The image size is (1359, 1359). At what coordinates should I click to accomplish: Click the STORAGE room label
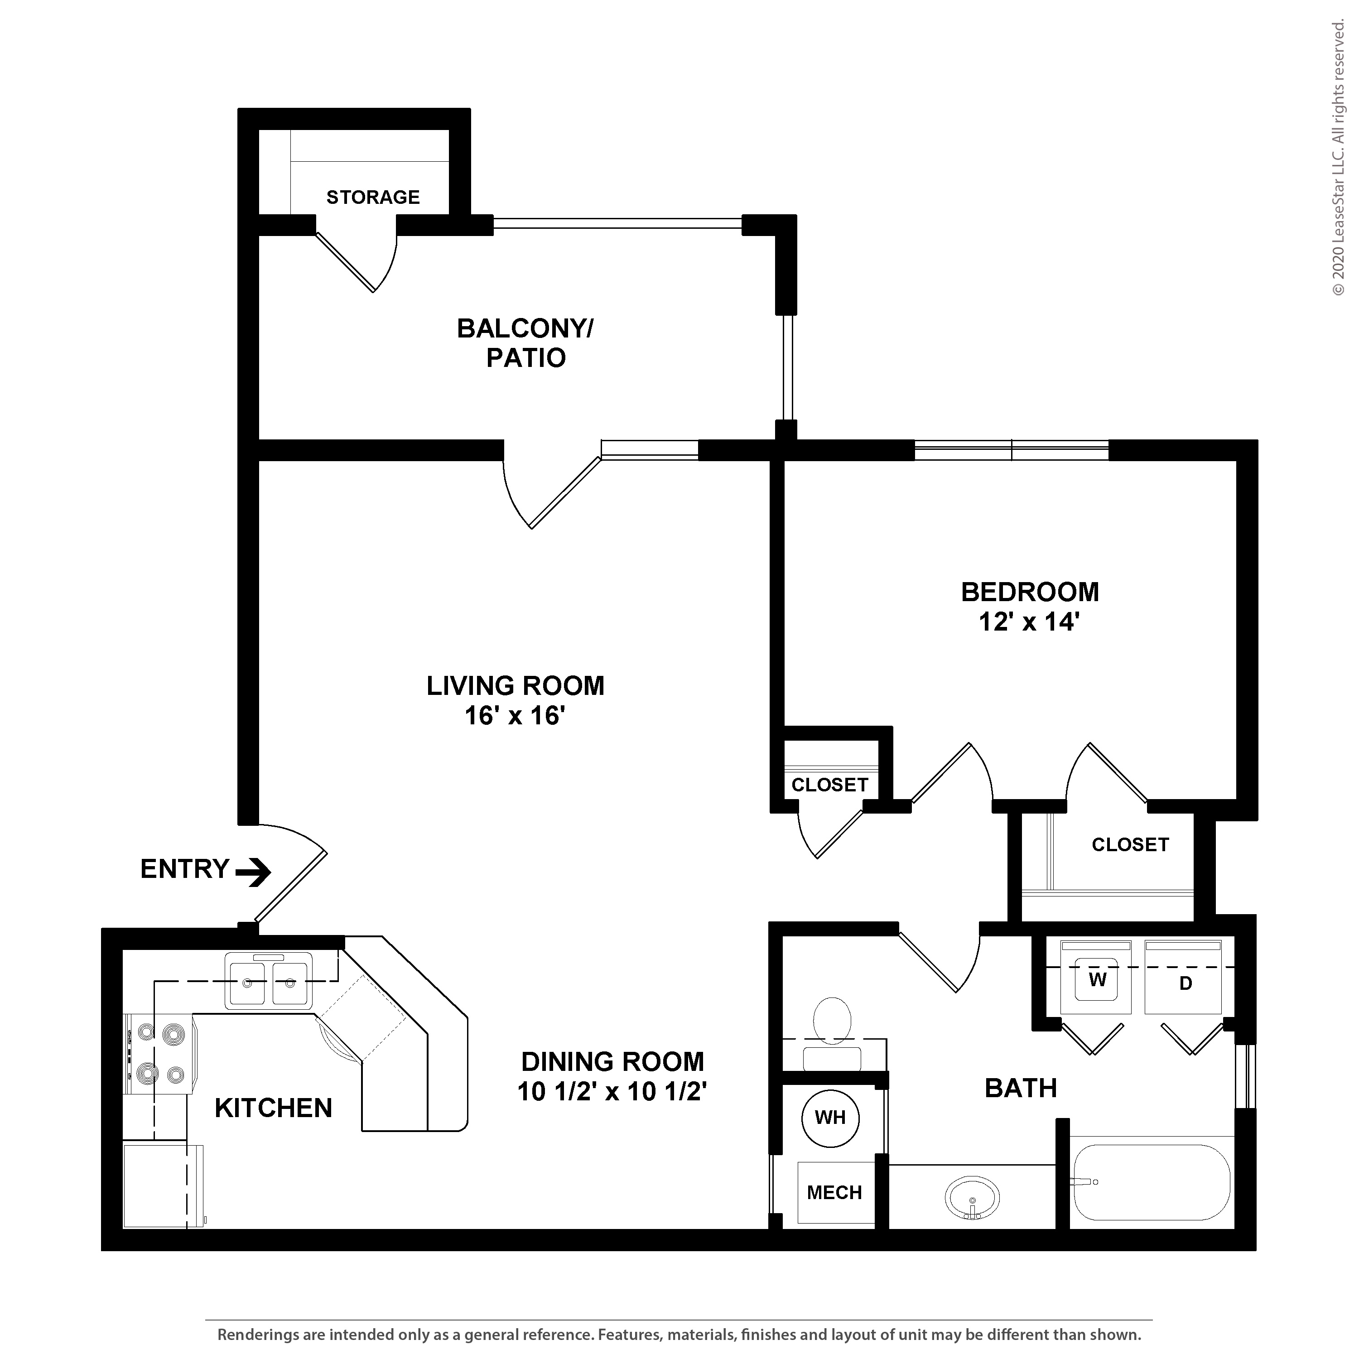click(x=373, y=197)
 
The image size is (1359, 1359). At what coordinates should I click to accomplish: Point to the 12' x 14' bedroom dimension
click(x=1029, y=622)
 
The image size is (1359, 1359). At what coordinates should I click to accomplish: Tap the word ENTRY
click(x=185, y=869)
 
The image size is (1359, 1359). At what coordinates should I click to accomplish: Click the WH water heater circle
click(x=830, y=1117)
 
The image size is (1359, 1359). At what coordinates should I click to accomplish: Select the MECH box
click(x=835, y=1192)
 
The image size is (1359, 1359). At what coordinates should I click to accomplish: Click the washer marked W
click(x=1096, y=978)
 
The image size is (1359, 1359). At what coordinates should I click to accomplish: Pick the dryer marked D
click(x=1183, y=978)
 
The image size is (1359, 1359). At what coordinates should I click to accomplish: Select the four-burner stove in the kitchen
click(x=160, y=1054)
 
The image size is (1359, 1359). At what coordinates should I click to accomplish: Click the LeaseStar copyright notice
click(x=1338, y=158)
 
